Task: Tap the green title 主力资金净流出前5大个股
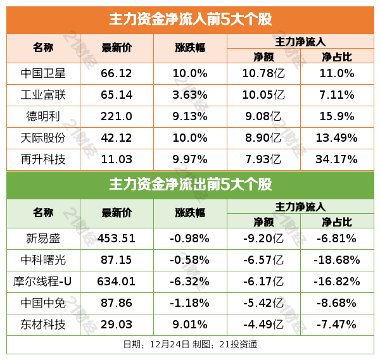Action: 190,185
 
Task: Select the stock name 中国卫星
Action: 44,73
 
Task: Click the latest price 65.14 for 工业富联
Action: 117,95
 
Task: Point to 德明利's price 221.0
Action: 117,116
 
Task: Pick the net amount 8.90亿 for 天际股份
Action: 263,138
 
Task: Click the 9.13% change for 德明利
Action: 190,116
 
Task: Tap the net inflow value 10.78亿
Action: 263,73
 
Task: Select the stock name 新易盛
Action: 44,239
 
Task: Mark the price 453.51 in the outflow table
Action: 117,239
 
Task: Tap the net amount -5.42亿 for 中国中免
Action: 263,303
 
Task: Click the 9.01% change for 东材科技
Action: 190,325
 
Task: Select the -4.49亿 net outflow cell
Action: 263,325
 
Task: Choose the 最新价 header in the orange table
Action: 117,48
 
